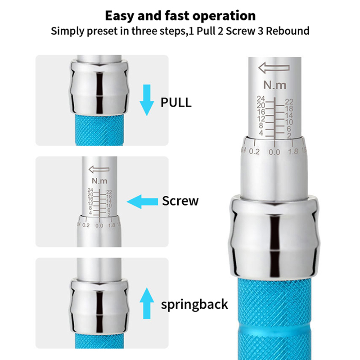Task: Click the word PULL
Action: (176, 103)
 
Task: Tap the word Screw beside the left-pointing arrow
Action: (180, 201)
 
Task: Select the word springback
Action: (194, 305)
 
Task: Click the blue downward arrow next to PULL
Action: (147, 100)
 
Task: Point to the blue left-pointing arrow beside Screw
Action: (142, 202)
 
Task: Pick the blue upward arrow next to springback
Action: (147, 303)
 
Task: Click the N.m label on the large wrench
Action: (275, 85)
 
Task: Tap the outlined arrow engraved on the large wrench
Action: (274, 68)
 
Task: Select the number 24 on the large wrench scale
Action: (261, 99)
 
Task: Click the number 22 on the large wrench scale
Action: (289, 102)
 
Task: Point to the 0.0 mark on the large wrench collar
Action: (274, 152)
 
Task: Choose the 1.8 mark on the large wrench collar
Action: (293, 152)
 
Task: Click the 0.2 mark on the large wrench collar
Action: (254, 152)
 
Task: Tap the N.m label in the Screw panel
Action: (99, 181)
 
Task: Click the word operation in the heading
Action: (224, 16)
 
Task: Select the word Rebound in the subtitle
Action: (288, 31)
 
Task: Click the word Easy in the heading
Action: (119, 16)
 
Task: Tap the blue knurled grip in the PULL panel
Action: (99, 130)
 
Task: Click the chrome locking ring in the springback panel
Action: (99, 306)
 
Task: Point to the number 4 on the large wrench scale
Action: (261, 133)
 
